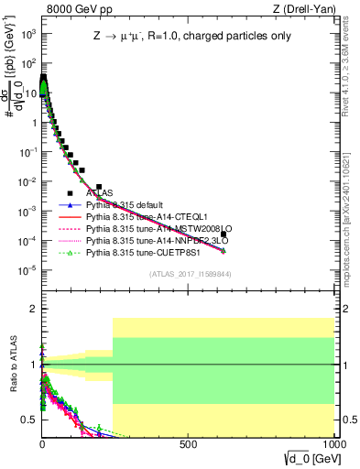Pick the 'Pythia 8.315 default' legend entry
(128, 205)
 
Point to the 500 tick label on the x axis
(189, 443)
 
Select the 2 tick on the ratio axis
(34, 309)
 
